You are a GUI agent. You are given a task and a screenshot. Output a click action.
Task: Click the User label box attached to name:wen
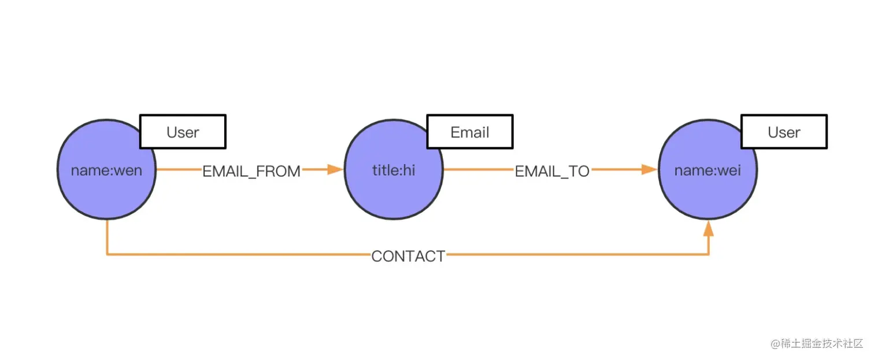pos(183,132)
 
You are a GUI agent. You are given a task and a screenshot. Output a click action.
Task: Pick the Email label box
pos(470,132)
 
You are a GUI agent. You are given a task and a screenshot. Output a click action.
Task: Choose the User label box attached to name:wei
pos(784,132)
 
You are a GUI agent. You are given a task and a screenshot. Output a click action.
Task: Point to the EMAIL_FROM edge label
pos(251,171)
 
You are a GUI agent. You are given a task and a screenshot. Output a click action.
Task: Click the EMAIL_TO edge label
pos(552,171)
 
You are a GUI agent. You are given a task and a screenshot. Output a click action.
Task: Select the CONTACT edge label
pos(408,256)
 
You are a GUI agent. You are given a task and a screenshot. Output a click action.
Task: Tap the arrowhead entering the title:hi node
pos(335,170)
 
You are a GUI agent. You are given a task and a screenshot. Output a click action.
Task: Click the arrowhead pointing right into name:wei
pos(650,170)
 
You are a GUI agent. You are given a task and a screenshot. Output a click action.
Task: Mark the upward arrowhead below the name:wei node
pos(709,229)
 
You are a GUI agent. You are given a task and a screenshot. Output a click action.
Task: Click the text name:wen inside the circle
pos(106,170)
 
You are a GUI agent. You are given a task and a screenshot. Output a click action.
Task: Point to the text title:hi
pos(394,170)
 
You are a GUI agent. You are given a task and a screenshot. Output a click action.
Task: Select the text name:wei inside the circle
pos(708,170)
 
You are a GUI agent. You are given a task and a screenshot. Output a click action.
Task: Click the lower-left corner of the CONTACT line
pos(108,254)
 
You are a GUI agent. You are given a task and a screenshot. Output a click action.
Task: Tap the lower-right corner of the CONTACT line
pos(709,254)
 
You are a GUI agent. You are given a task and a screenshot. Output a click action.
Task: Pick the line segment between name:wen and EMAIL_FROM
pos(178,170)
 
